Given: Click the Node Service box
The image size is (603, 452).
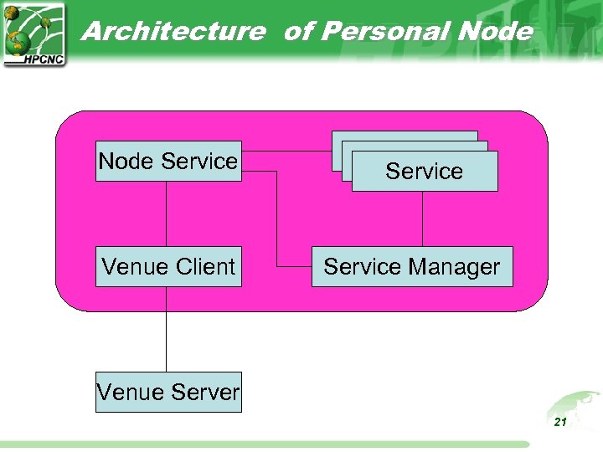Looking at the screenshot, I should tap(168, 161).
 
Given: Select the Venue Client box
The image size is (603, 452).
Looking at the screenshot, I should tap(168, 266).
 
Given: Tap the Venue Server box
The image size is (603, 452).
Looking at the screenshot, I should tap(168, 392).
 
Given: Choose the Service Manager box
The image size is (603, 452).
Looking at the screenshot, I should tap(411, 266).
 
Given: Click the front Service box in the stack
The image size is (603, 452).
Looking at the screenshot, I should tap(425, 172).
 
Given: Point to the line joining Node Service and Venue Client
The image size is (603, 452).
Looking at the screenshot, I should tap(166, 213).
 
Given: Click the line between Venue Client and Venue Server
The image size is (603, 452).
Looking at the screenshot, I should tap(166, 329).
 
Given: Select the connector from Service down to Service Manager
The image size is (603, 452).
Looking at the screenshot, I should tap(422, 218).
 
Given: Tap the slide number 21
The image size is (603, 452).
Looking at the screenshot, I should tap(560, 423).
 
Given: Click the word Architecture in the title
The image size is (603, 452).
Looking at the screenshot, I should tap(173, 32).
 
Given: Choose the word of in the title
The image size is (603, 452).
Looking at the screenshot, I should tap(299, 32).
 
